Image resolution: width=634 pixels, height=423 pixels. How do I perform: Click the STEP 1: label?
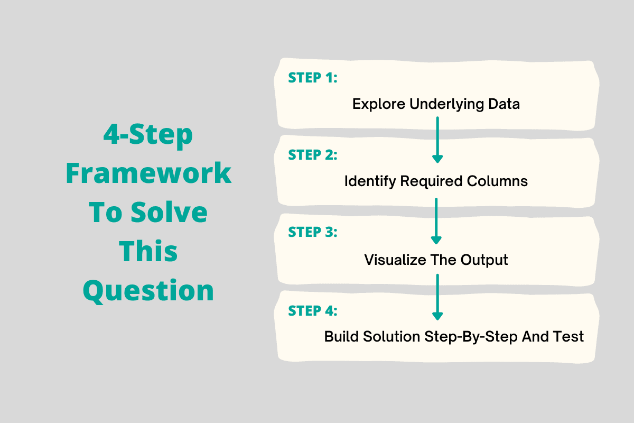[x=312, y=78]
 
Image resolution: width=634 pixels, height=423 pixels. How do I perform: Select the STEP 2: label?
[x=312, y=155]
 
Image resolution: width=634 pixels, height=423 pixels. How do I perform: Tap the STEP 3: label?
[x=312, y=232]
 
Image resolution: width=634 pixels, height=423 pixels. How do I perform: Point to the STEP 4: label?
[x=312, y=310]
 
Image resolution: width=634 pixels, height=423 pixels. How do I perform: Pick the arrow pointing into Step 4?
[x=437, y=297]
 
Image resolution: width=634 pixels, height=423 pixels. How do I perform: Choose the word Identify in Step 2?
[x=370, y=181]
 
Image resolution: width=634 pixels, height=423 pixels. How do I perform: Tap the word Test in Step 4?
[x=569, y=337]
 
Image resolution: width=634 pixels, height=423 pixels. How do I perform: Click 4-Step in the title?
[x=148, y=135]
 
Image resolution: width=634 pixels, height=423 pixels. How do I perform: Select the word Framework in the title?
[x=148, y=173]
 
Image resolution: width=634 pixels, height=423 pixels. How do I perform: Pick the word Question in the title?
[x=148, y=291]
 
